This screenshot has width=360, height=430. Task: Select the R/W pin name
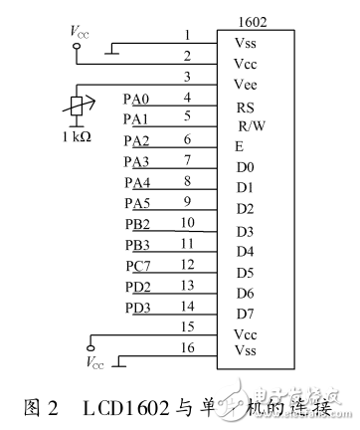(x=250, y=125)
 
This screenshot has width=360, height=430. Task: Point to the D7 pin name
(x=244, y=314)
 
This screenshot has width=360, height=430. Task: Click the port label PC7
(x=137, y=264)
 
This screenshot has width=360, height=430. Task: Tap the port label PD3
(x=137, y=306)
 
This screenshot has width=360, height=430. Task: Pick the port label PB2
(x=137, y=223)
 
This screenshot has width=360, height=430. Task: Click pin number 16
(x=186, y=347)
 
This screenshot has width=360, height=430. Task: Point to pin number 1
(x=186, y=35)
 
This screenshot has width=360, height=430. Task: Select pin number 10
(x=186, y=222)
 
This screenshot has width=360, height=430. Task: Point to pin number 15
(x=186, y=325)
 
